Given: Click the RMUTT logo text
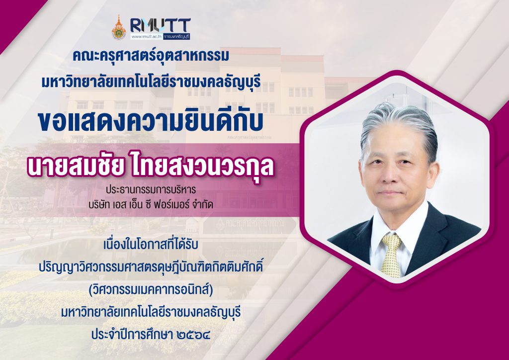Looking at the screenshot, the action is pyautogui.click(x=161, y=25).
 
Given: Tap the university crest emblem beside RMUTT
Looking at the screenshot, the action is pyautogui.click(x=119, y=28).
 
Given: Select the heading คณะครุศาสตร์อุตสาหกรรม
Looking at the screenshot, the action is pyautogui.click(x=151, y=56).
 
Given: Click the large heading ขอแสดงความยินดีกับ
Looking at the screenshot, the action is pyautogui.click(x=151, y=121).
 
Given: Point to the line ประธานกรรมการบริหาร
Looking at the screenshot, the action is pyautogui.click(x=151, y=189).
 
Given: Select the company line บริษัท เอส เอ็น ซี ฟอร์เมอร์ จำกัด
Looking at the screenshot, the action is pyautogui.click(x=151, y=205).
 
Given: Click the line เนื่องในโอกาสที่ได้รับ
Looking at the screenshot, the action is pyautogui.click(x=151, y=245).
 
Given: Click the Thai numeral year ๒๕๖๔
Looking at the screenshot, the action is pyautogui.click(x=194, y=335).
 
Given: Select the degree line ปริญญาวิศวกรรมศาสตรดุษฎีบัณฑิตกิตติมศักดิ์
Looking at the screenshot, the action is pyautogui.click(x=151, y=267).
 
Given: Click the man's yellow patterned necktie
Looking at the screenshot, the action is pyautogui.click(x=391, y=255).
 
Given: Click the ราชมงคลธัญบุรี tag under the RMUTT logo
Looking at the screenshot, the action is pyautogui.click(x=176, y=37).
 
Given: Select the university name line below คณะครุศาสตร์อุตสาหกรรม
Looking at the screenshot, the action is pyautogui.click(x=151, y=82).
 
